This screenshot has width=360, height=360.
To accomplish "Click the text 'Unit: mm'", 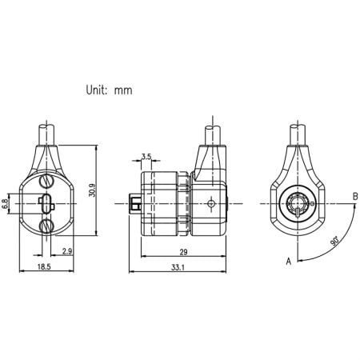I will (x=110, y=90).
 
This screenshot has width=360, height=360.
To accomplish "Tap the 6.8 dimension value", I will (x=6, y=205).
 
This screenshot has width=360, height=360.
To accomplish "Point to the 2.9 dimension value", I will (x=67, y=252).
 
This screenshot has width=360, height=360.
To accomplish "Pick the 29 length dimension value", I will (x=184, y=252).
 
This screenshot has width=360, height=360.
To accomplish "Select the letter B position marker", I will (x=354, y=195).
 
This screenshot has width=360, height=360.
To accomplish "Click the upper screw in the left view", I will (x=46, y=182).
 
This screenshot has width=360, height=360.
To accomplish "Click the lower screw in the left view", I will (x=46, y=226).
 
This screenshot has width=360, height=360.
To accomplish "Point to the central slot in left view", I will (x=46, y=204).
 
